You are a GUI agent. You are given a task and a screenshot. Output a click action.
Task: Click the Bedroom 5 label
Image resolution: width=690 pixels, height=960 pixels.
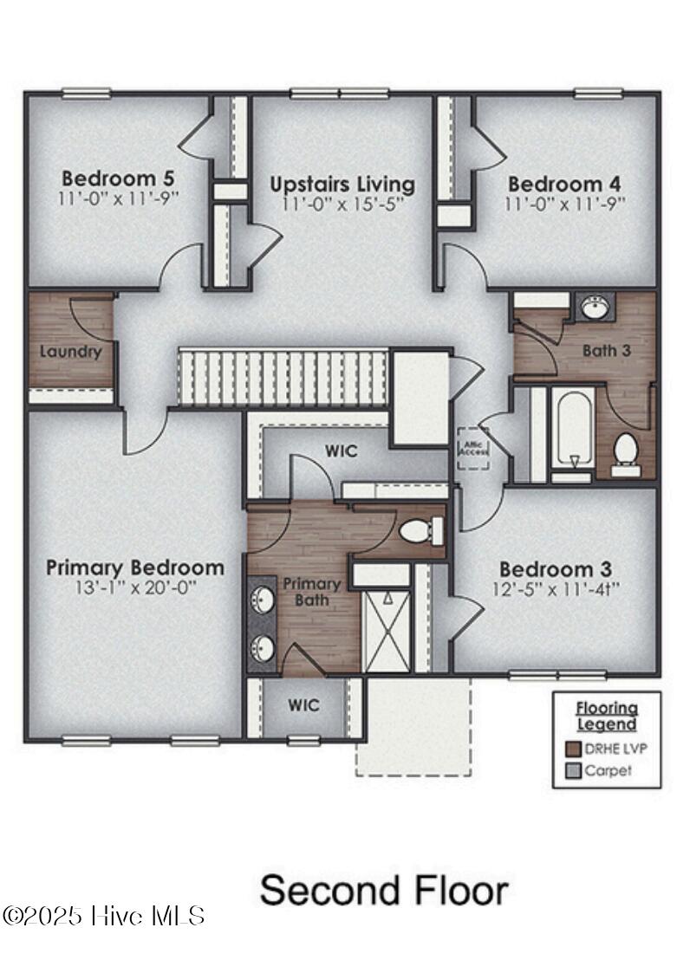pos(118,178)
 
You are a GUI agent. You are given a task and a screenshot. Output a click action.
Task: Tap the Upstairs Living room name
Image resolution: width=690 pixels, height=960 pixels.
pos(342,185)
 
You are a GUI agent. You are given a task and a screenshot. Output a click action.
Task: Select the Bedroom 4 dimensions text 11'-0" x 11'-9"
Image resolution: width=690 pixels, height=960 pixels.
pos(565,204)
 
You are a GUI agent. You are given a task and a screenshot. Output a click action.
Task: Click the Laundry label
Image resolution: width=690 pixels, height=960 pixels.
pos(70,352)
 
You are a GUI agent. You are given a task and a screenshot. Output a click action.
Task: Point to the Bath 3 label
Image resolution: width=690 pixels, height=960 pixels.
pos(606,351)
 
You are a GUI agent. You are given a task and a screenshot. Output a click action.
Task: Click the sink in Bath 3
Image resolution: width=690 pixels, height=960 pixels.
pos(595,308)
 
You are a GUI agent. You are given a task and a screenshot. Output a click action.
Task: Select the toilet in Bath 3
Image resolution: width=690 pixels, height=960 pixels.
pos(625,451)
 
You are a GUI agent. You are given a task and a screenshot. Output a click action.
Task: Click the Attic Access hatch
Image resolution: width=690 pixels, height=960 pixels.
pos(473,448)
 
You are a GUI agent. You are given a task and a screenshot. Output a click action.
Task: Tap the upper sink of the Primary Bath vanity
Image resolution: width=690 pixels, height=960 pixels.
pos(262,599)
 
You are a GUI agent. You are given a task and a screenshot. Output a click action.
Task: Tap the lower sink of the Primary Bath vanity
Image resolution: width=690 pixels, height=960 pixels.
pos(262,646)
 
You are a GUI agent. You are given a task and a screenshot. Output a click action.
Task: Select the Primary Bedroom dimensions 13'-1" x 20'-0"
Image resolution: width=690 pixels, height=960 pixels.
pos(134,587)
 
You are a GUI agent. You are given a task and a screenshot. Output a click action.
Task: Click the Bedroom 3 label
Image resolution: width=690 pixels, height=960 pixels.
pos(556,569)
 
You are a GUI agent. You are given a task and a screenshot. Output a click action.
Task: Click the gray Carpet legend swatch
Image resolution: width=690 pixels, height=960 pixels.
pos(573,770)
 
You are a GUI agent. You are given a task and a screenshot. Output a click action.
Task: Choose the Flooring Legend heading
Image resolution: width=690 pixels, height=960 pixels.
pos(607,716)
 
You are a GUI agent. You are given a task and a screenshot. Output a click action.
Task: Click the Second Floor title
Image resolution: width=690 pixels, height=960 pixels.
pos(384,891)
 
